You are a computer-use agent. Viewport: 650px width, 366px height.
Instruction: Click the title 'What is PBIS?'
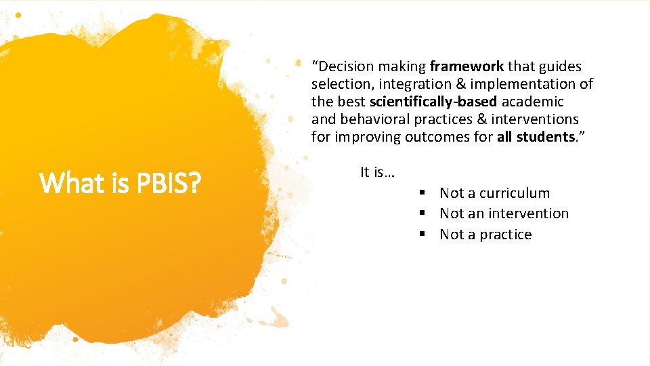(121, 182)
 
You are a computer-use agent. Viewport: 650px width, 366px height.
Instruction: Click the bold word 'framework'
(467, 66)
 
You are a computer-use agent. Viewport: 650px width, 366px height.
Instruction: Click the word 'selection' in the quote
(337, 84)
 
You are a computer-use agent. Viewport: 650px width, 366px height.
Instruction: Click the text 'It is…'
(377, 172)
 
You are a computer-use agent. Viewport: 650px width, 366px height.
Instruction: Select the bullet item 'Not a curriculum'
(494, 193)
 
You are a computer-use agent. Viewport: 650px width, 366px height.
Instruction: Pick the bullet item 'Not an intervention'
(504, 213)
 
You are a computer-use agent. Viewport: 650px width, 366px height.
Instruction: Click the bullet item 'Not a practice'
(485, 235)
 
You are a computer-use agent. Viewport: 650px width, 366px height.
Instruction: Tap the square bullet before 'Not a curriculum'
(421, 193)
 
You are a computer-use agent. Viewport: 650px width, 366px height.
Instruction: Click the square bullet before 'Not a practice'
(421, 235)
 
